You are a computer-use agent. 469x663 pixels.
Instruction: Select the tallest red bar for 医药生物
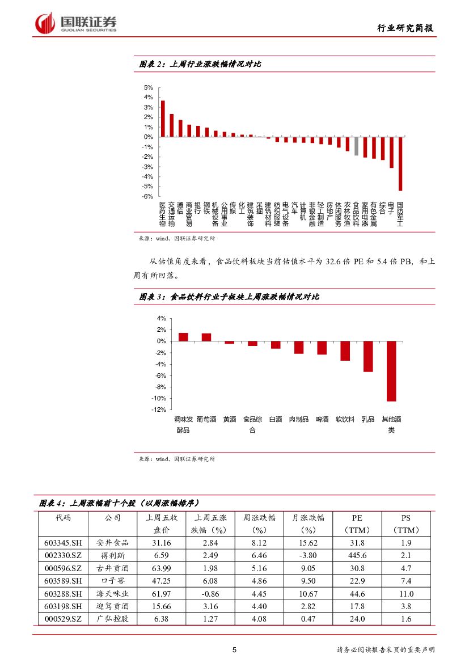(163, 119)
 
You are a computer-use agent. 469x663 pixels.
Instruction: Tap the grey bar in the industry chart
(356, 146)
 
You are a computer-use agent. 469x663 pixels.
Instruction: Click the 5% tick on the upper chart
(149, 88)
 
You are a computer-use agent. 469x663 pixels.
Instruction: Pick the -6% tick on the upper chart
(148, 196)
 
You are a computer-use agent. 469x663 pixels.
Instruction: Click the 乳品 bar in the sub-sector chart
(368, 356)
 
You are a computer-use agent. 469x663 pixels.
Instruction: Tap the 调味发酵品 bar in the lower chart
(183, 337)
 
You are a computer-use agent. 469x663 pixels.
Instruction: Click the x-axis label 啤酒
(322, 419)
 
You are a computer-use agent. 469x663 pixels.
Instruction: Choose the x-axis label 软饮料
(345, 419)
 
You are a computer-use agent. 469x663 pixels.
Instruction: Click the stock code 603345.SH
(63, 543)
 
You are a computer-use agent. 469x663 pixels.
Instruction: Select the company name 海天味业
(112, 594)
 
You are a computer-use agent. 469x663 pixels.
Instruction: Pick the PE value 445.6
(357, 555)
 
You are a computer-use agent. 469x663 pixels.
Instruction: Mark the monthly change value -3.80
(308, 555)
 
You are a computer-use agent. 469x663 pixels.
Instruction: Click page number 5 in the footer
(234, 650)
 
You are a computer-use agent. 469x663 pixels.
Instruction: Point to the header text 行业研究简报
(406, 29)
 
